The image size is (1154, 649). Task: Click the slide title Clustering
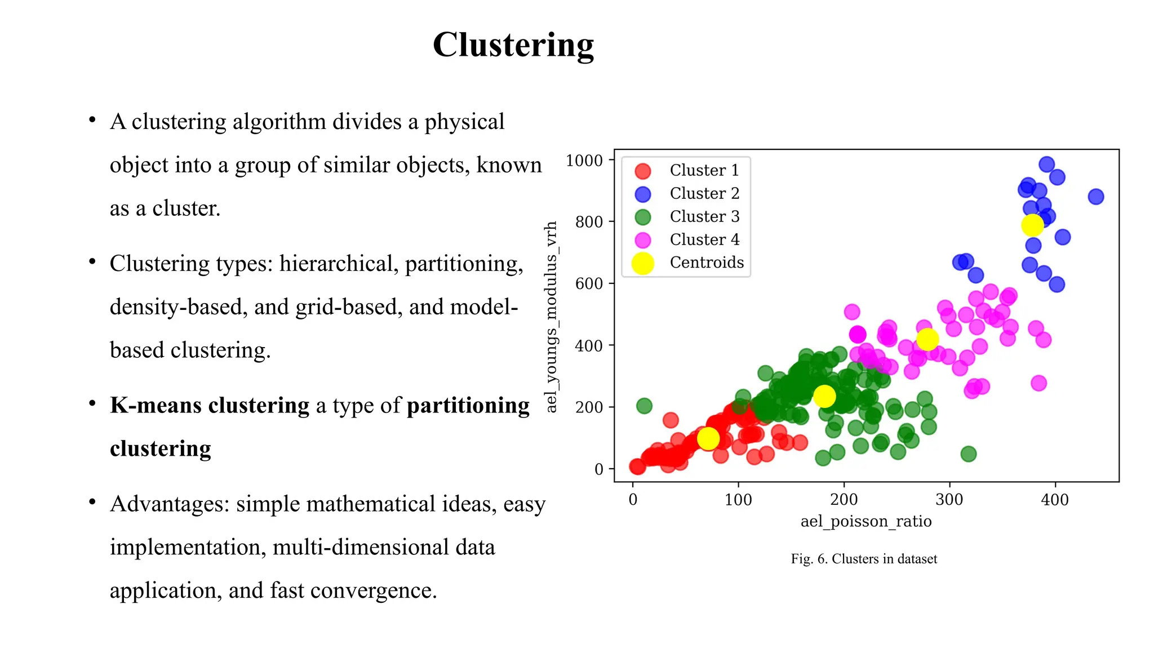(x=513, y=45)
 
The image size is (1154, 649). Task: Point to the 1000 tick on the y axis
(x=584, y=161)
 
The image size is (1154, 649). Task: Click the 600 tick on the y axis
(x=589, y=283)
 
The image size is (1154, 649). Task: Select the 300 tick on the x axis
(x=949, y=500)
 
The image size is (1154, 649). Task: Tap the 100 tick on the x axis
(x=738, y=500)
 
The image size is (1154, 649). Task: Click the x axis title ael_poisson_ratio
(x=866, y=521)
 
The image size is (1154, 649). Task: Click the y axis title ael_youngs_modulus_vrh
(x=551, y=317)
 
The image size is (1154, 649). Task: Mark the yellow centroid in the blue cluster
(x=1032, y=225)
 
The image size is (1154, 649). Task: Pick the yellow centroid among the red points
(x=708, y=438)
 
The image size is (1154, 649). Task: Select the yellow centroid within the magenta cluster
(x=927, y=339)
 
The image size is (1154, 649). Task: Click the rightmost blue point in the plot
(x=1095, y=197)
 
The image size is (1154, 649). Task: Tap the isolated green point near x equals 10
(x=644, y=406)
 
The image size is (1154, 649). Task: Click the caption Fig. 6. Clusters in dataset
(x=864, y=559)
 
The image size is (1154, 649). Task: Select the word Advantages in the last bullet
(x=170, y=504)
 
